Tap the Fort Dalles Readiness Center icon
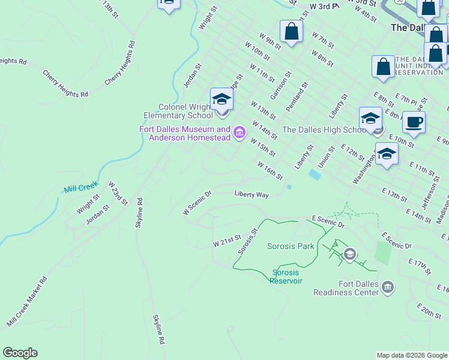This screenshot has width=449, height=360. pos(388,287)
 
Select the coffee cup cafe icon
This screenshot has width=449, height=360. pos(414,122)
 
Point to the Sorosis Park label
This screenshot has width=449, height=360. pos(291,246)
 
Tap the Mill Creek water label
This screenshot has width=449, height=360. pos(80,188)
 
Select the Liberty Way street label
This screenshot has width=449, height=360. pos(251,194)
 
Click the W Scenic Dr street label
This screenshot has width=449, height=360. pos(197,202)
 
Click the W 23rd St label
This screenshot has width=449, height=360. pos(118,193)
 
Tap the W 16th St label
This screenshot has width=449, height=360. pos(270,170)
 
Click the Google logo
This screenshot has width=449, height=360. pos(20,353)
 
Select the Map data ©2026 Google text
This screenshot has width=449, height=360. pos(412,355)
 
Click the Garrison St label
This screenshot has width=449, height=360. pos(280,86)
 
